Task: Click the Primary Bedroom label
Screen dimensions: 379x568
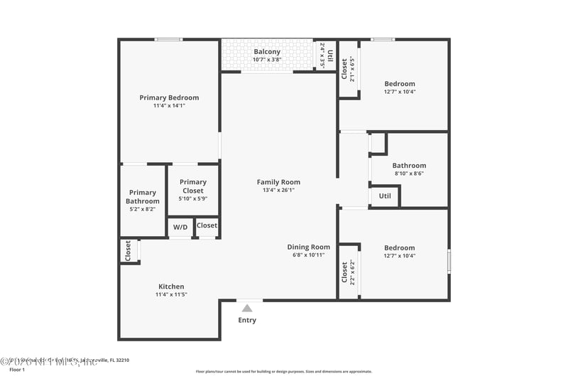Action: pos(169,97)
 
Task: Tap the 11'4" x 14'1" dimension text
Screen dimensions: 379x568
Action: pos(169,106)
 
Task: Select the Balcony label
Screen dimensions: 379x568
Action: pos(267,52)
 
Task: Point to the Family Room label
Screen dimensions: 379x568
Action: pos(278,182)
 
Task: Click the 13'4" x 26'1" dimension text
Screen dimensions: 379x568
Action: pos(278,191)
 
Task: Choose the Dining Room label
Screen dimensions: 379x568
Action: pos(309,247)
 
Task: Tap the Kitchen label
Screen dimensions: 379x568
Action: pos(171,287)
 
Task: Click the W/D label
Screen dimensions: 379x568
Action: pos(180,227)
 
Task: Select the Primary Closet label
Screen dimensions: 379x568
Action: pos(193,186)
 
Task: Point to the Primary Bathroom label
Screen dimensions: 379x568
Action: pos(143,197)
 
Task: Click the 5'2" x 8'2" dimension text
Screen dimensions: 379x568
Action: pos(143,209)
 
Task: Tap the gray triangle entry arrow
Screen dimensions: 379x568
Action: pos(247,308)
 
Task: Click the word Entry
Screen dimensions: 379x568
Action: pos(247,320)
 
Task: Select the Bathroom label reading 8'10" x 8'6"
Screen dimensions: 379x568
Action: pos(409,174)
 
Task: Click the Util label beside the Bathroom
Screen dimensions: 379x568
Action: pos(385,196)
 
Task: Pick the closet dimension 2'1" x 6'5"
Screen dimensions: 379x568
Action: pos(352,69)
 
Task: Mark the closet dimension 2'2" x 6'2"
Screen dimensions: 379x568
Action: pos(352,272)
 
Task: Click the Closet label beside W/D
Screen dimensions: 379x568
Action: pos(207,225)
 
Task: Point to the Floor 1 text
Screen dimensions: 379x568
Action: pos(17,370)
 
